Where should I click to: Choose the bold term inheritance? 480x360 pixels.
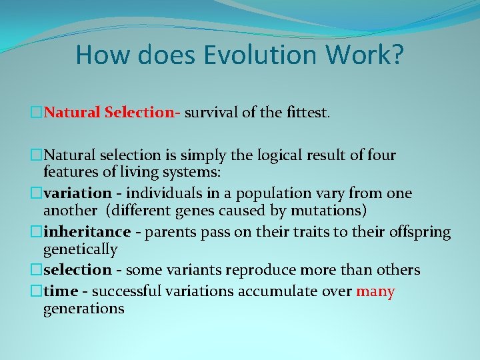pos(87,232)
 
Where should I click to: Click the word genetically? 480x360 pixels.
pos(80,249)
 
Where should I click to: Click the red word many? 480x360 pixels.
pos(375,291)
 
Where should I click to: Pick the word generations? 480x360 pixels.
pos(83,308)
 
